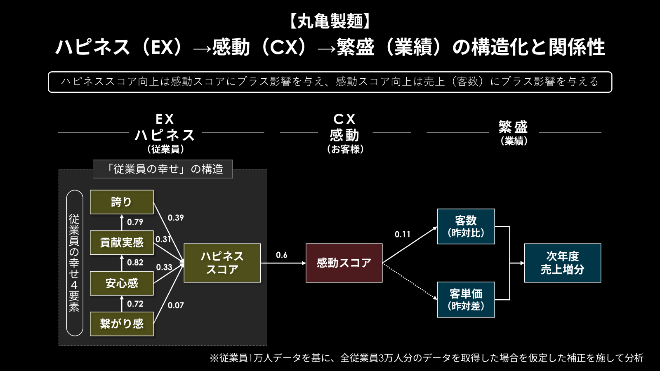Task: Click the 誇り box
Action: (122, 202)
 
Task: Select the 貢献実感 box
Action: (122, 243)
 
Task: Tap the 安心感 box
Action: (122, 283)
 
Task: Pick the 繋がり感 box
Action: (122, 324)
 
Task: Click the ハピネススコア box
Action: (222, 263)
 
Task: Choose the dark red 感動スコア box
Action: (344, 263)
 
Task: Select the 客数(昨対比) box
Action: (466, 227)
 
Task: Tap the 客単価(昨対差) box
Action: (466, 300)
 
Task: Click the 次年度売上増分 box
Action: (563, 263)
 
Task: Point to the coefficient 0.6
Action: (282, 255)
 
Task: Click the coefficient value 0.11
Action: (403, 235)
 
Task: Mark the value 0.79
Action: (135, 222)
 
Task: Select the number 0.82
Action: (135, 263)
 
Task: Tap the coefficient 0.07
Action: (176, 305)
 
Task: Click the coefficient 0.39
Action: (176, 218)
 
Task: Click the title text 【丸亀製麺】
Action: (330, 21)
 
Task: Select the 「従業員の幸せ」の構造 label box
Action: (163, 169)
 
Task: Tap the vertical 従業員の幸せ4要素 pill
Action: (75, 263)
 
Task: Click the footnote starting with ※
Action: (427, 358)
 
